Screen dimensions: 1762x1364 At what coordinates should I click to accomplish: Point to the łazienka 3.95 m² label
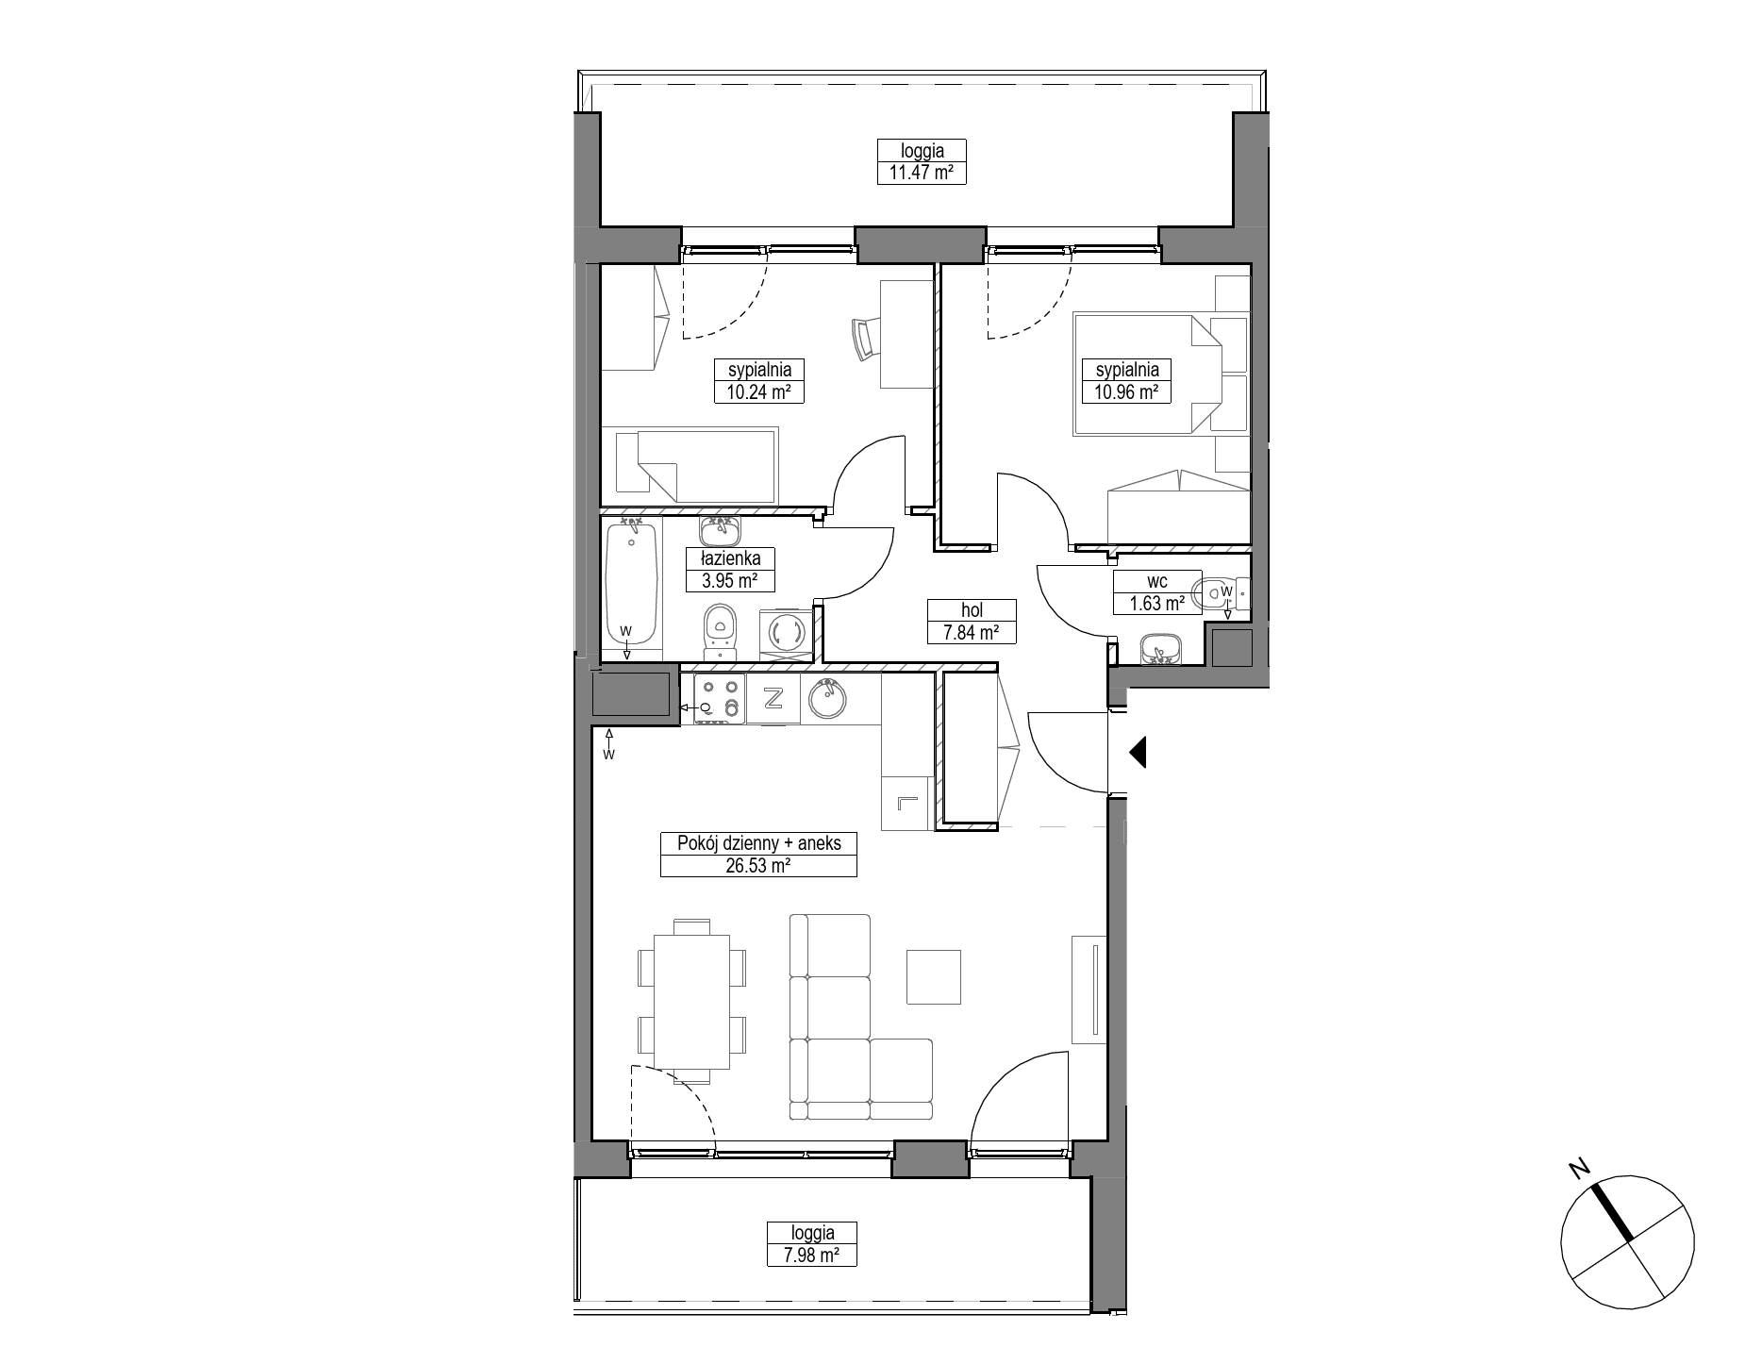(x=723, y=570)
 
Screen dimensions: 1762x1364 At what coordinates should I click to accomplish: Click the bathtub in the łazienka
(x=631, y=586)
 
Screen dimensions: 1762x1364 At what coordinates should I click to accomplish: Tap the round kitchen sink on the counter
(x=827, y=699)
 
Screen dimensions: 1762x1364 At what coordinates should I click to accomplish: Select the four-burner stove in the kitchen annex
(x=719, y=698)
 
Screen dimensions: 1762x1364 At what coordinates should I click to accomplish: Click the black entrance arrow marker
(x=1137, y=752)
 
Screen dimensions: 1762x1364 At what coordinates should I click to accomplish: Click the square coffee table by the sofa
(x=934, y=976)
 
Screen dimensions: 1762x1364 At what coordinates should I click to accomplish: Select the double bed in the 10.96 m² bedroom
(x=1148, y=374)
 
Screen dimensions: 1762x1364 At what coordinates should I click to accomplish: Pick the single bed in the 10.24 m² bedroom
(x=696, y=466)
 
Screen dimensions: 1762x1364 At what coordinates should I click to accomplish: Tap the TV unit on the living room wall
(x=1089, y=989)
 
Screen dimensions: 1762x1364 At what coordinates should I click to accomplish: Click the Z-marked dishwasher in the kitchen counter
(x=773, y=698)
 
